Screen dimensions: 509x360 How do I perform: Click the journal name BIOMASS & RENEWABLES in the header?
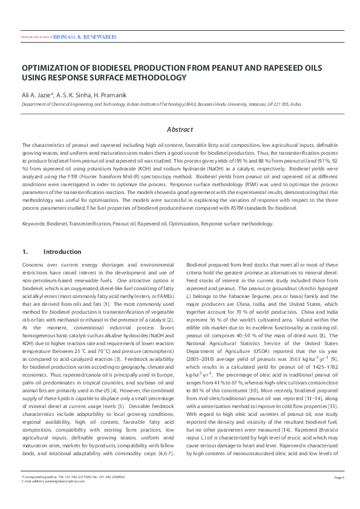point(85,37)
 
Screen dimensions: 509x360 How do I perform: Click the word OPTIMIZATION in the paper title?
point(52,68)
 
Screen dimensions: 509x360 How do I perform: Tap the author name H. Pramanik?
point(113,96)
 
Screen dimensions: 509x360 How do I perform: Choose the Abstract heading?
point(180,129)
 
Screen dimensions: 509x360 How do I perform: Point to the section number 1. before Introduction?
point(25,251)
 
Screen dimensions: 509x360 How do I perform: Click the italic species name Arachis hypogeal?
point(317,290)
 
